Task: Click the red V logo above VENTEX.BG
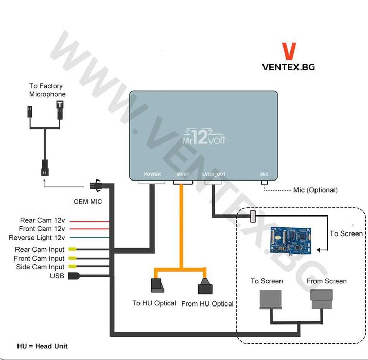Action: (x=289, y=51)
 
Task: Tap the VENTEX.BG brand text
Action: (x=289, y=66)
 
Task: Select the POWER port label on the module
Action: (x=152, y=174)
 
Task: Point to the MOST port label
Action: (x=183, y=174)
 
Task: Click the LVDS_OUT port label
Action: (x=214, y=174)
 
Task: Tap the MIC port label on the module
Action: (x=264, y=174)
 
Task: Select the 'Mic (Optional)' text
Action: (x=316, y=190)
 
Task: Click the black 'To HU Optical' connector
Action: (x=156, y=286)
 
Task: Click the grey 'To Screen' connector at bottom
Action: (x=271, y=299)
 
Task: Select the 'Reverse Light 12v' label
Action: (x=37, y=238)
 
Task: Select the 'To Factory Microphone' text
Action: (x=47, y=90)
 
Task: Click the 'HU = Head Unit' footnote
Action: (x=42, y=346)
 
